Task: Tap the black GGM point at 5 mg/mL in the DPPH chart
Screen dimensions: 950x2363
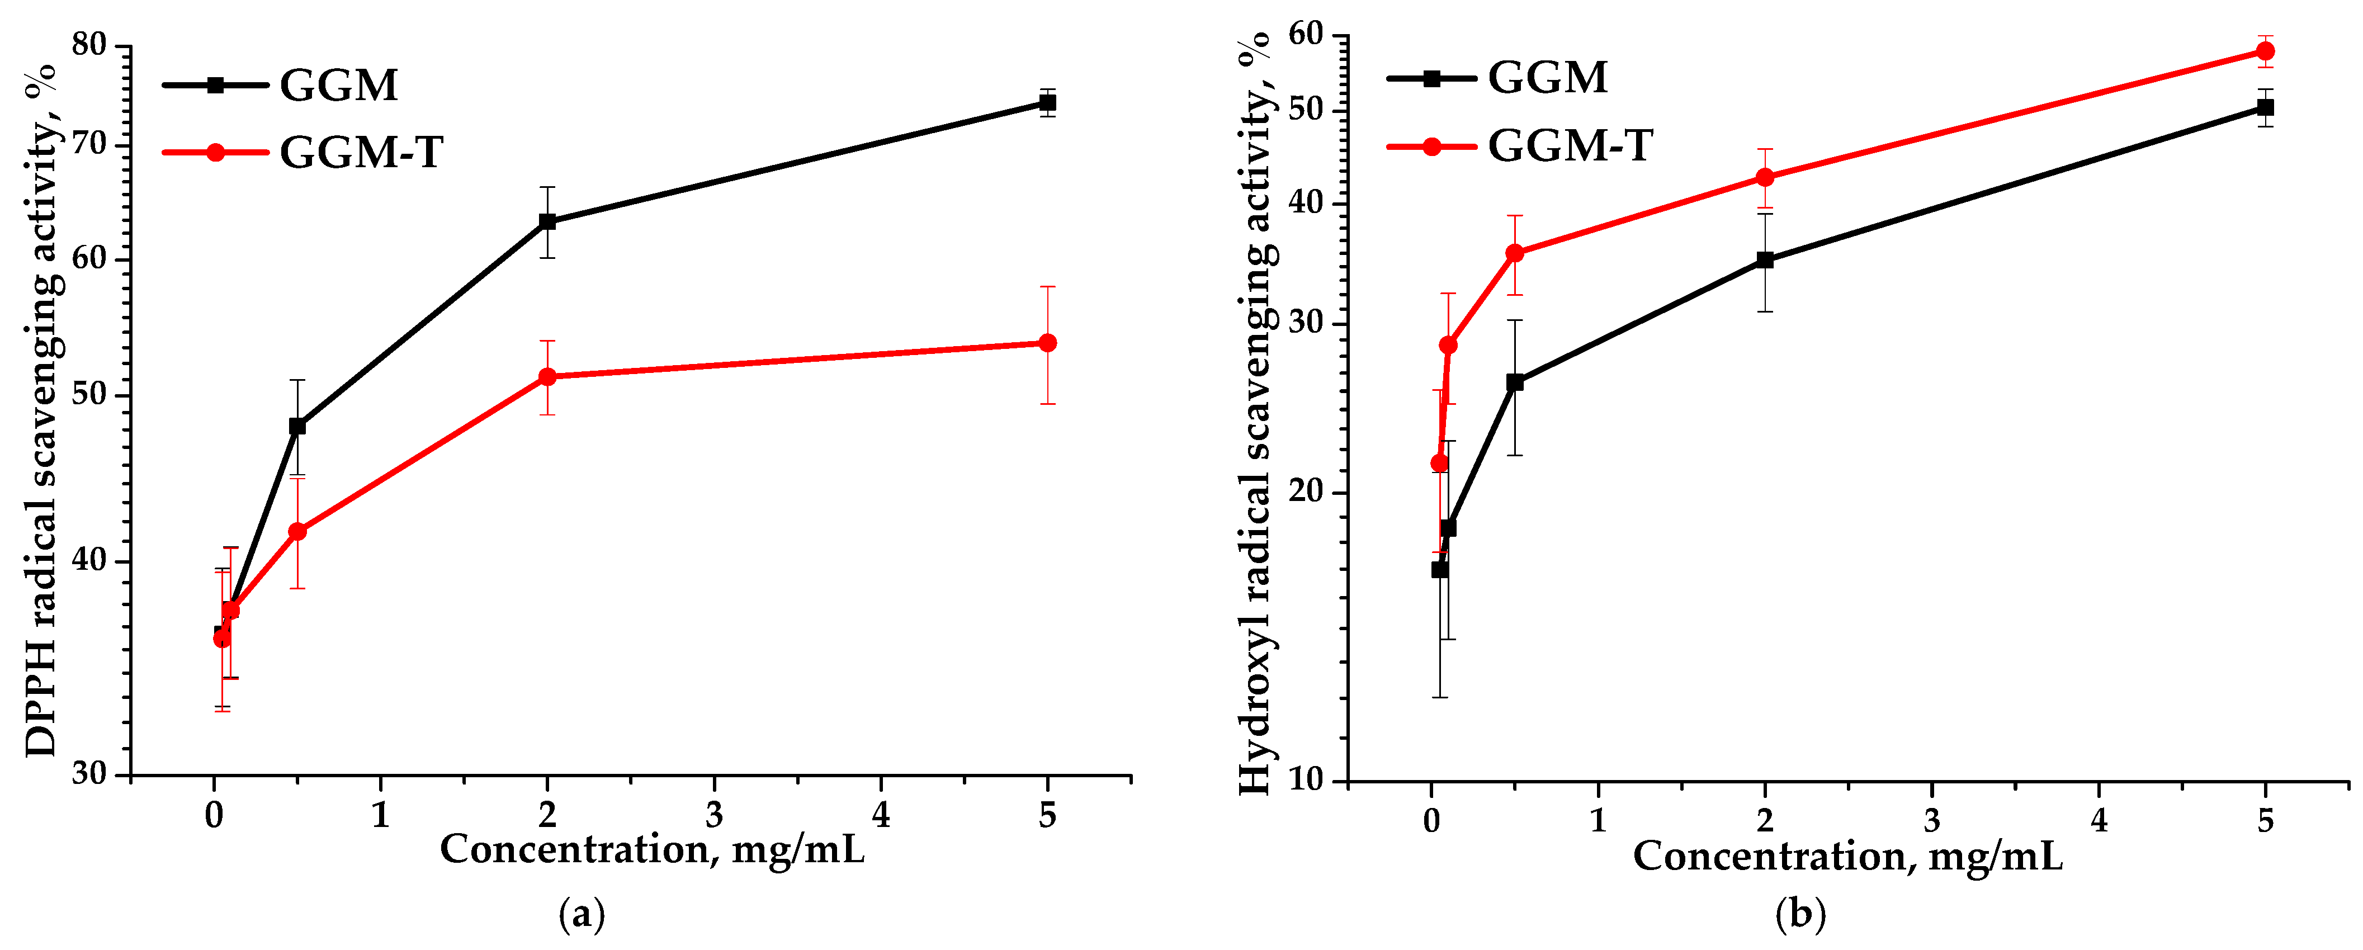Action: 1047,103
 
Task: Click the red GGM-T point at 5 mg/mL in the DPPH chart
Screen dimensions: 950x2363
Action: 1047,343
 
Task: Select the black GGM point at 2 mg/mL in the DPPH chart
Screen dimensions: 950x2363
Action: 547,222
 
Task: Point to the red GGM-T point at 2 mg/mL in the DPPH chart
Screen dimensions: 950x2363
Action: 547,377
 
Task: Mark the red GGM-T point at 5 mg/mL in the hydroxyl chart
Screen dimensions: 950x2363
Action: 2265,51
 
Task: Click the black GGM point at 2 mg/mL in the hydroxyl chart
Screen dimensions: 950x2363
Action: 1765,261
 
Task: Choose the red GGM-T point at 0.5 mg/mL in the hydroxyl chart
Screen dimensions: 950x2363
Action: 1515,253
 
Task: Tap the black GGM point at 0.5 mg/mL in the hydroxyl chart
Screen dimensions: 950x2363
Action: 1515,382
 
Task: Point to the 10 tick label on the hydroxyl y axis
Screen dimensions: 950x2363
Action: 1307,781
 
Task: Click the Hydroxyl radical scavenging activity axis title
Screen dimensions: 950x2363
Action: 1255,413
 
